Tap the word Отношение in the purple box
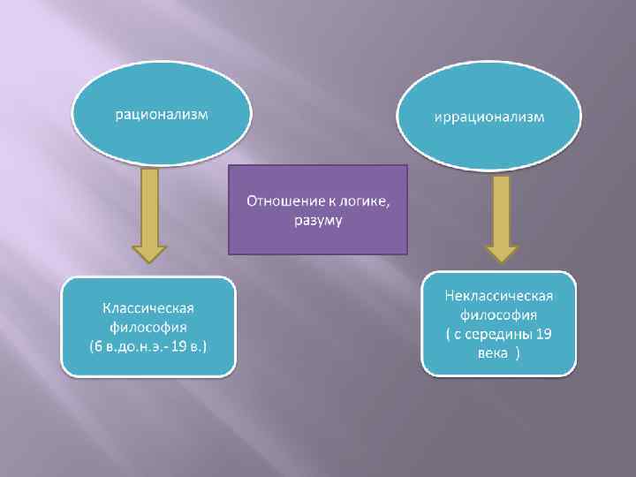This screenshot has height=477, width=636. click(x=277, y=201)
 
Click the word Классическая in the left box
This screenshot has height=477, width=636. click(x=148, y=307)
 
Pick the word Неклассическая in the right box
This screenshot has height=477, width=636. click(x=499, y=294)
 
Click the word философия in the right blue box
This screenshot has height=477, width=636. click(x=499, y=314)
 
